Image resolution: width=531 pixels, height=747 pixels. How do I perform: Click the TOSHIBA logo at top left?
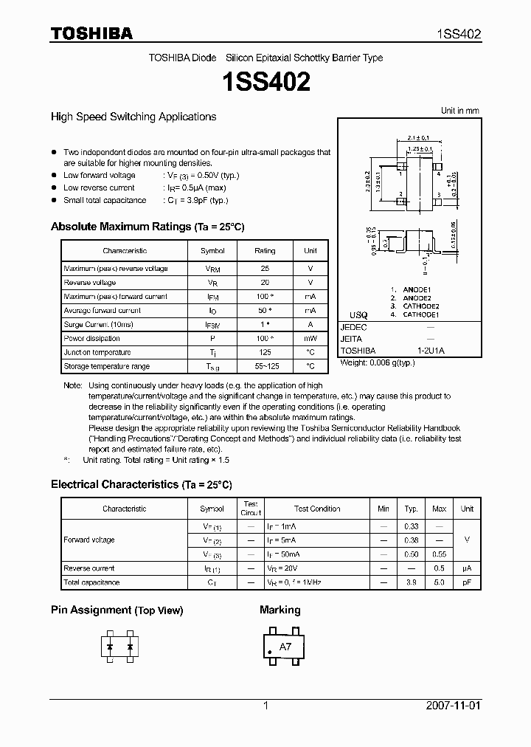[91, 33]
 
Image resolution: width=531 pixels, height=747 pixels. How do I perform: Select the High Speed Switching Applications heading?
[133, 117]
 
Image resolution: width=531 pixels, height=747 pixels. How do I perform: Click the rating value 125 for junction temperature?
[265, 352]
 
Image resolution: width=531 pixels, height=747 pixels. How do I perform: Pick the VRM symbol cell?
[213, 269]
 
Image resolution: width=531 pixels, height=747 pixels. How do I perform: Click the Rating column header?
[265, 251]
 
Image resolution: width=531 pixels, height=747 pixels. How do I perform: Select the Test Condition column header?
[317, 509]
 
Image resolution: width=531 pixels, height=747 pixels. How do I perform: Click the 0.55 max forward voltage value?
[439, 554]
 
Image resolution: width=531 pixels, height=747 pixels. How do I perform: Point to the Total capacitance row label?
[91, 582]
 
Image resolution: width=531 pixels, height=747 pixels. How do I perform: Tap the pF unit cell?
[467, 582]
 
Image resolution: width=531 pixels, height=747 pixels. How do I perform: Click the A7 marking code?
[285, 647]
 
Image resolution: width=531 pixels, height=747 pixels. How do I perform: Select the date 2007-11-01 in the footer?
[453, 706]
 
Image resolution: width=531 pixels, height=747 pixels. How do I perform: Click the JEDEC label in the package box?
[353, 326]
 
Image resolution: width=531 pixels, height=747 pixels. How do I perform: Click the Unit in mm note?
[459, 111]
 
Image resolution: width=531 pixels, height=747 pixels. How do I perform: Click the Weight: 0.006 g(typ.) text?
[378, 363]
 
